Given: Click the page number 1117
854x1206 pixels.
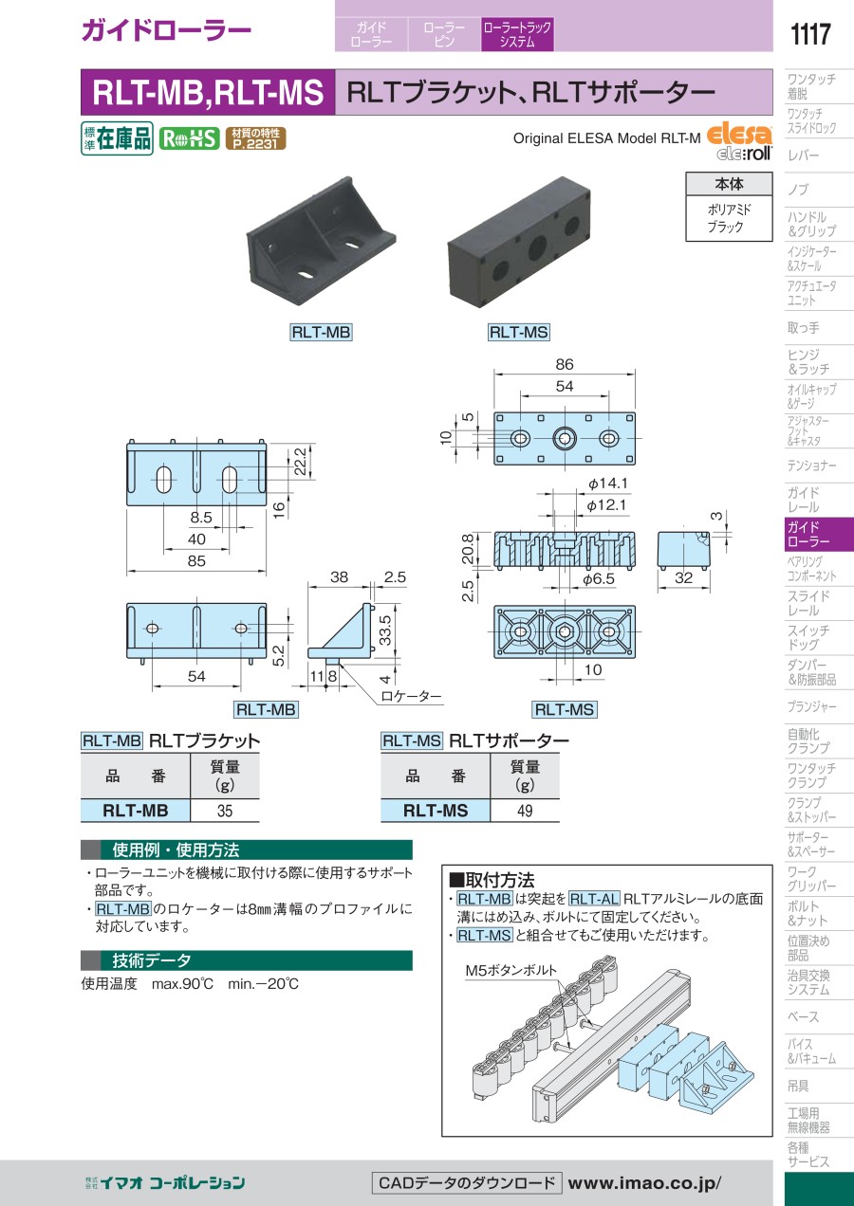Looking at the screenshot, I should (x=809, y=34).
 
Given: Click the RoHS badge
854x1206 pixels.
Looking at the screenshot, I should (x=189, y=138).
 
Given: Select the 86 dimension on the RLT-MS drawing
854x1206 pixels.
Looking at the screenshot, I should (x=566, y=365).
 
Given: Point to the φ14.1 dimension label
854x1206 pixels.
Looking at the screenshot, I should (x=609, y=483).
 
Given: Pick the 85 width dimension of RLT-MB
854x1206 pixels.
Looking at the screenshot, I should (x=196, y=560).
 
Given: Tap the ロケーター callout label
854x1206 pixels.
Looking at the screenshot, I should (x=411, y=696).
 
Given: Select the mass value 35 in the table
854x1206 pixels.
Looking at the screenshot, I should (x=224, y=811).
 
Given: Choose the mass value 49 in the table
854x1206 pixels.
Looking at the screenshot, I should (x=524, y=811).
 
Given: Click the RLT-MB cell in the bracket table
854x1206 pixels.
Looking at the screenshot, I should (x=136, y=811).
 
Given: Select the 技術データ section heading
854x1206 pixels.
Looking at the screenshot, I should (x=152, y=960).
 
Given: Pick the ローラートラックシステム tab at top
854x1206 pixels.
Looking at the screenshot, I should (x=517, y=35).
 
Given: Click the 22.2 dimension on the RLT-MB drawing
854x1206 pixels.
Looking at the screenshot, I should (x=301, y=461).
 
